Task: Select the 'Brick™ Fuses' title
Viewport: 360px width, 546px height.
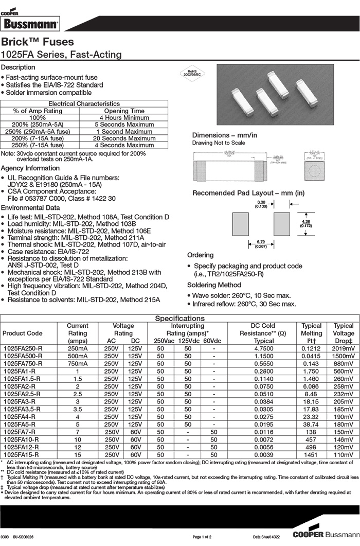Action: click(38, 42)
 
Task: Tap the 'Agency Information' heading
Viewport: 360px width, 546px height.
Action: click(30, 168)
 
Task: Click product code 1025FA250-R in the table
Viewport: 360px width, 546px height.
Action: click(23, 348)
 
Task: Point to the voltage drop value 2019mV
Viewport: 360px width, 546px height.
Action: click(344, 348)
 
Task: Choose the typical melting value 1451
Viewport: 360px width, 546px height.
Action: click(311, 455)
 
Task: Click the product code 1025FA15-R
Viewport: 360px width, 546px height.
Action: click(22, 455)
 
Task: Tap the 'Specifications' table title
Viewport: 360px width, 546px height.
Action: click(179, 319)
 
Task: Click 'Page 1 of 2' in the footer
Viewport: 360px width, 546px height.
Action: click(205, 537)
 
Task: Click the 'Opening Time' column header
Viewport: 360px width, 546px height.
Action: click(124, 111)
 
